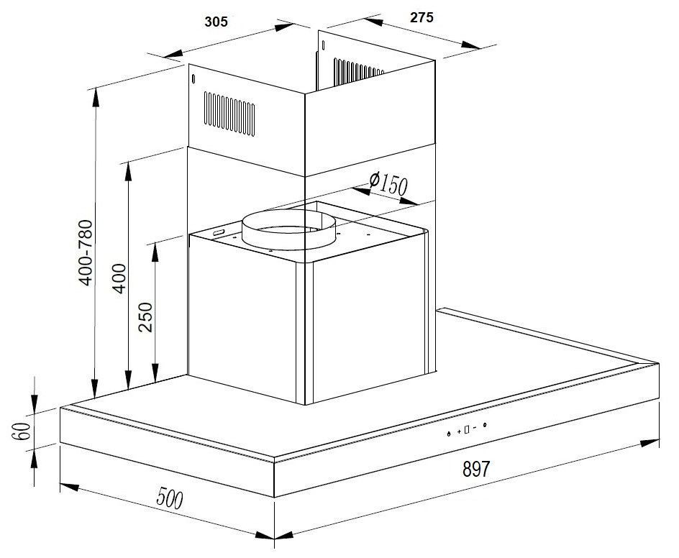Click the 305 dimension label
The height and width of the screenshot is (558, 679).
pos(216,22)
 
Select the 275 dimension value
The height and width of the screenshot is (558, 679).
pos(421,19)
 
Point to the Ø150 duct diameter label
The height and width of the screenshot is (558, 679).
pos(388,183)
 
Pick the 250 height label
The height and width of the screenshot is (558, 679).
pos(147,317)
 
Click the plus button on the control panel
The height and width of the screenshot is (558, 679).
pos(458,431)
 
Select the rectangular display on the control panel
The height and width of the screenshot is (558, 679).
pos(467,430)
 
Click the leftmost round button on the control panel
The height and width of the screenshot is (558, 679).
pos(448,434)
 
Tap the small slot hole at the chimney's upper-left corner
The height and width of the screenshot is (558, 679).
pos(193,79)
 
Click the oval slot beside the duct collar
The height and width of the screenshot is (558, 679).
pos(219,233)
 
